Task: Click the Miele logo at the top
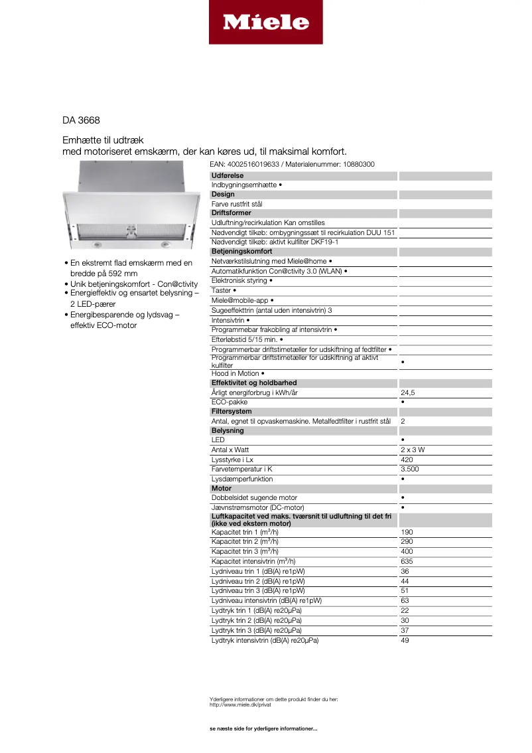265,22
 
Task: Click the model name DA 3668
81,121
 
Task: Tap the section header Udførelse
228,176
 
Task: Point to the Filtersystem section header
232,412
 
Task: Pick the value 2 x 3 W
413,450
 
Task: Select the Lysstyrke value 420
407,460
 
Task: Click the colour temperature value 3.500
409,469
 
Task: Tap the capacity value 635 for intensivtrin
407,561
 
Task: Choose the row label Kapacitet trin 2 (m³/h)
245,542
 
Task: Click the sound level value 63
405,600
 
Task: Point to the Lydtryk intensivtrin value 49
405,640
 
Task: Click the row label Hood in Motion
235,373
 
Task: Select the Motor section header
222,488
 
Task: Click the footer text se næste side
263,729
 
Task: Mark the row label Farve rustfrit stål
237,204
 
